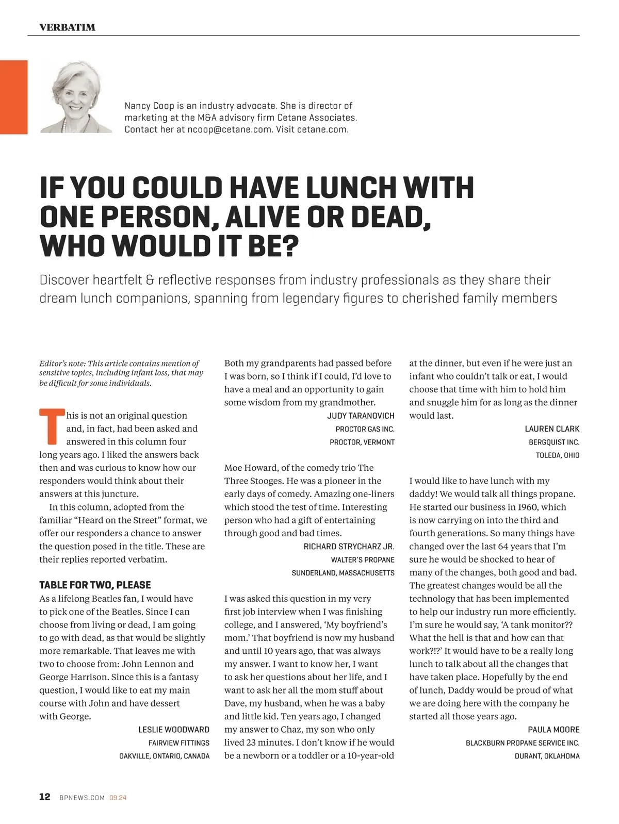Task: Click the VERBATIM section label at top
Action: pyautogui.click(x=67, y=27)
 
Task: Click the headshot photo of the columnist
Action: pyautogui.click(x=76, y=97)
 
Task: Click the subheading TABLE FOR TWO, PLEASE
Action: pyautogui.click(x=95, y=585)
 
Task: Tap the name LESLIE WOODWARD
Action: pyautogui.click(x=174, y=730)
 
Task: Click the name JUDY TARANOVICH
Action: pyautogui.click(x=361, y=416)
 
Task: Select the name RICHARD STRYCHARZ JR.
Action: pyautogui.click(x=349, y=547)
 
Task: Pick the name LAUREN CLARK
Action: pyautogui.click(x=552, y=429)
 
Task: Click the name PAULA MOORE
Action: pyautogui.click(x=553, y=730)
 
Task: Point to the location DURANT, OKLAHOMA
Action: pyautogui.click(x=547, y=756)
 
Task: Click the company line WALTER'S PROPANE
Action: pyautogui.click(x=363, y=559)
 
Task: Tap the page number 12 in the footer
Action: pyautogui.click(x=45, y=797)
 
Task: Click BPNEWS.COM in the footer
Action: pyautogui.click(x=82, y=798)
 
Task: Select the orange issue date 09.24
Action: pyautogui.click(x=118, y=798)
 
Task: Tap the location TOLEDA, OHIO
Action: pyautogui.click(x=558, y=455)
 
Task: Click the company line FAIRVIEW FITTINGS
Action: pyautogui.click(x=178, y=743)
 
